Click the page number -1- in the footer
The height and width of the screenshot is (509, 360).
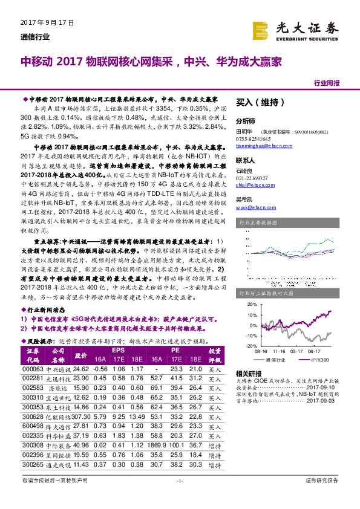[180, 497]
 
